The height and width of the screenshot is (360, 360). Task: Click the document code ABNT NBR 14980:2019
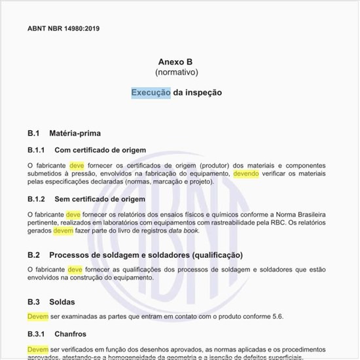[63, 29]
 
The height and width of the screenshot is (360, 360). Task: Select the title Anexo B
[176, 61]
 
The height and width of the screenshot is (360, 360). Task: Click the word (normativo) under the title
[176, 72]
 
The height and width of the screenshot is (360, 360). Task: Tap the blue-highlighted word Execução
[151, 92]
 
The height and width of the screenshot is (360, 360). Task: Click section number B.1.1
[36, 150]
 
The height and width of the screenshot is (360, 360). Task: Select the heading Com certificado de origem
[100, 150]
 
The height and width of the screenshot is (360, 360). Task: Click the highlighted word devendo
[246, 174]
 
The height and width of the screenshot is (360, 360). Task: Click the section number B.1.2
[36, 198]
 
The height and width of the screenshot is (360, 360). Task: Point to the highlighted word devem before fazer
[63, 230]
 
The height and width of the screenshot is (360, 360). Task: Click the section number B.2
[34, 254]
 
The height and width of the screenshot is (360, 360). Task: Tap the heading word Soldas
[62, 302]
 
